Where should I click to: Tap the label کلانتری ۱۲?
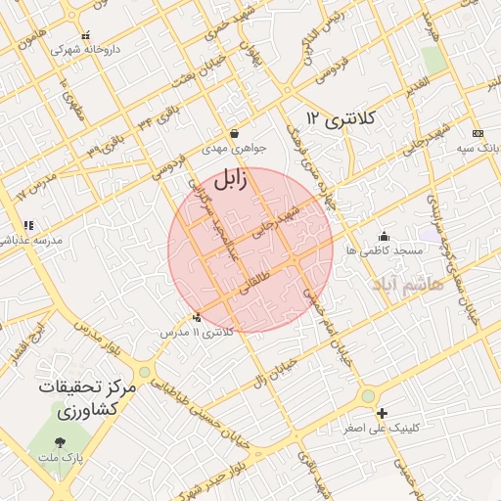[x=341, y=118]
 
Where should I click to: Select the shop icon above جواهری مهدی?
[x=234, y=133]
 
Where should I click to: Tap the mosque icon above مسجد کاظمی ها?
[x=384, y=235]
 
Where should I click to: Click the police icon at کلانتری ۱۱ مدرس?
[x=199, y=317]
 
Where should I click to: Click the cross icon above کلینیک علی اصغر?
[x=382, y=413]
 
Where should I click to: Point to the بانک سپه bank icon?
[x=477, y=133]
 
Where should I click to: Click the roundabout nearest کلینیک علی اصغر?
[x=368, y=395]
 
